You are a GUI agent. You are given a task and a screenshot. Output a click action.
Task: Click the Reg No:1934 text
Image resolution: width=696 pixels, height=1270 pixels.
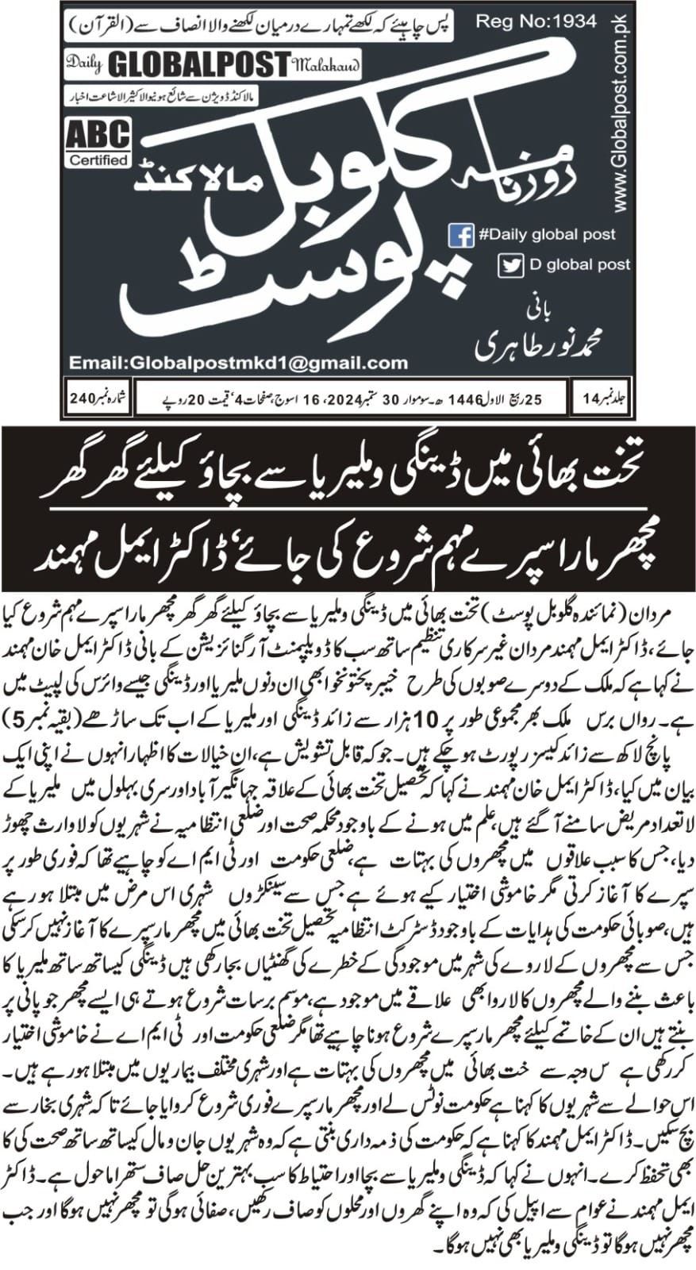537,21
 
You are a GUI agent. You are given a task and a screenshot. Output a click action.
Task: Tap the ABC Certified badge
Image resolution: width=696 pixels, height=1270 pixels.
98,144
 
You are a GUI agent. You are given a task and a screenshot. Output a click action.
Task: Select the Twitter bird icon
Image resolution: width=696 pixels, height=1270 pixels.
510,265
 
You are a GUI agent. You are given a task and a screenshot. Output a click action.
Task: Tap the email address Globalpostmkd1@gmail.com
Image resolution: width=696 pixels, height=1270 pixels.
238,363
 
